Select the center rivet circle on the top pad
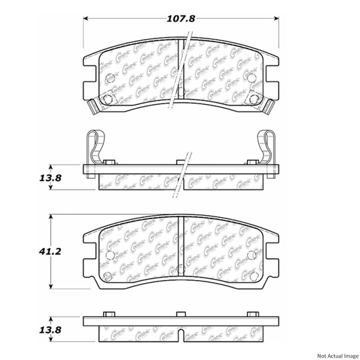181,92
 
